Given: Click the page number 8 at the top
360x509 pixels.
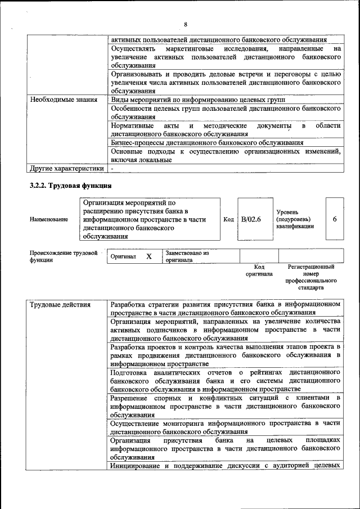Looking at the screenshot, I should [185, 24].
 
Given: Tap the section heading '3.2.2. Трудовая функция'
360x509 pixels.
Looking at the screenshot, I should [70, 186].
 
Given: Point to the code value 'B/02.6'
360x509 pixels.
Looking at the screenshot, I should [251, 219].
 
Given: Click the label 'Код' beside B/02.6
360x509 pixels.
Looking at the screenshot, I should [228, 219].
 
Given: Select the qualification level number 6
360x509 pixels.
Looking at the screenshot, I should [335, 219].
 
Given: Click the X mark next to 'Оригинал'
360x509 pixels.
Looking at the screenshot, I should [149, 256].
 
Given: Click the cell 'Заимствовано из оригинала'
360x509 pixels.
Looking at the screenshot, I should [187, 256].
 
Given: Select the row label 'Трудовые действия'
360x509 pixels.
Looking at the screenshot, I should [60, 305].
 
